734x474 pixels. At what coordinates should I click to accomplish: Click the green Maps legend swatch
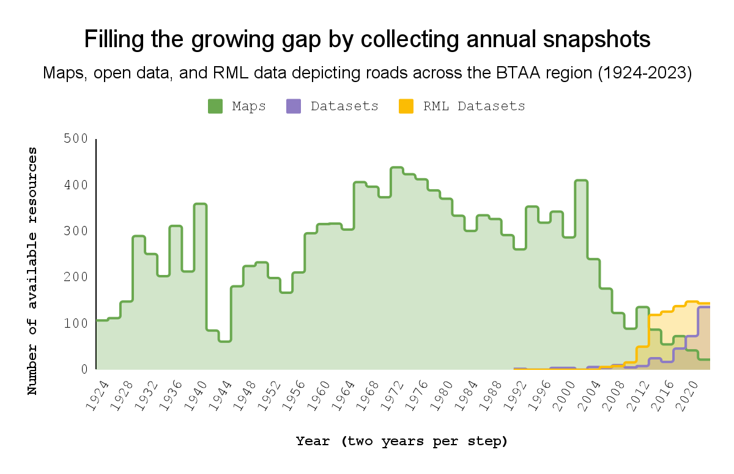coord(215,106)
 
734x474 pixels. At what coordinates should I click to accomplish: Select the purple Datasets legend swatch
coord(293,106)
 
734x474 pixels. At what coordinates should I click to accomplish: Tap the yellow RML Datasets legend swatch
coord(406,106)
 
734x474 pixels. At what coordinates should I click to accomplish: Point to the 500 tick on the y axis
coord(76,139)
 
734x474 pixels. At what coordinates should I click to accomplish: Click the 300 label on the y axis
coord(76,231)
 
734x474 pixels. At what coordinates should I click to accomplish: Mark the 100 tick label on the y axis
coord(76,323)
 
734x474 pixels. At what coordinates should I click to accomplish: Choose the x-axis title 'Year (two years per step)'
coord(402,441)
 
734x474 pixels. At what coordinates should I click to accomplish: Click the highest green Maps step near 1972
coord(396,167)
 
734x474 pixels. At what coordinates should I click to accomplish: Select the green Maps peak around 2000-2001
coord(581,181)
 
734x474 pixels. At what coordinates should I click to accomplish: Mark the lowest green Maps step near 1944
coord(224,340)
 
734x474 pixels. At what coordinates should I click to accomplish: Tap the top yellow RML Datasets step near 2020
coord(692,301)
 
